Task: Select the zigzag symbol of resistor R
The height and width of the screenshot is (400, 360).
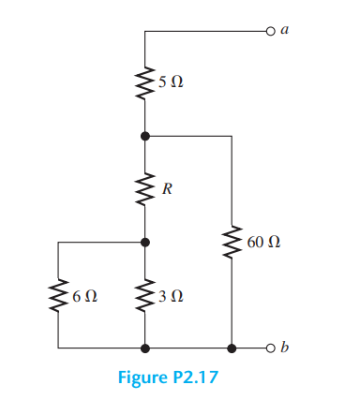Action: click(145, 188)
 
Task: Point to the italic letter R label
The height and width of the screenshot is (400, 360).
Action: click(167, 189)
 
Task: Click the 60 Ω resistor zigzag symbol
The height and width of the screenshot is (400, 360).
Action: click(232, 243)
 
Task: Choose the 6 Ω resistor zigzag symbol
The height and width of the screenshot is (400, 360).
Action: click(59, 295)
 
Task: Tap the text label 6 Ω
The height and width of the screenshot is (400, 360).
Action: click(84, 296)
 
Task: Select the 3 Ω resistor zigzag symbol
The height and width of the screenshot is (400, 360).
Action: click(145, 295)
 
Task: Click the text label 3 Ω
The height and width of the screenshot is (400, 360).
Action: click(171, 296)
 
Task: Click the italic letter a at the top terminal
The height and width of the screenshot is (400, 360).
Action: click(285, 30)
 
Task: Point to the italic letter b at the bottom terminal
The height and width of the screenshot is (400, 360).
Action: click(285, 348)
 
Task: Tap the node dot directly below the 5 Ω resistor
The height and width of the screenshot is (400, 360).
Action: click(145, 136)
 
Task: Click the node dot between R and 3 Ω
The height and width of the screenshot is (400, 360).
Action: click(145, 242)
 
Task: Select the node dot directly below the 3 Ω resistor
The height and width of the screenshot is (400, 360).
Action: click(145, 348)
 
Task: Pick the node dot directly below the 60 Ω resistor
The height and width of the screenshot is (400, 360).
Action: click(232, 348)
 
